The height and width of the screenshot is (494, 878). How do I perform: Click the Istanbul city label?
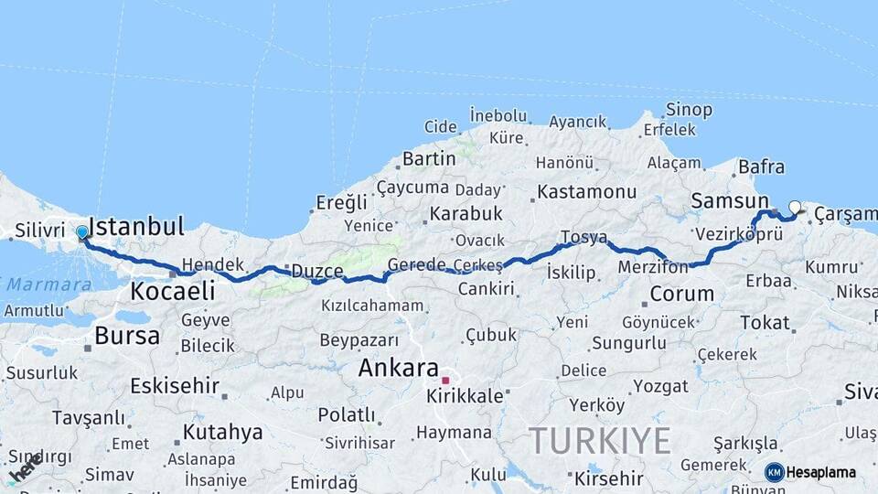click(139, 226)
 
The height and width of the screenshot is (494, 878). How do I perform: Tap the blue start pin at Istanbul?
click(82, 233)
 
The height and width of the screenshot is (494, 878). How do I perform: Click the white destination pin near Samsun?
click(795, 209)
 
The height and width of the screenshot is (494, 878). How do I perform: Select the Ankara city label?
click(398, 368)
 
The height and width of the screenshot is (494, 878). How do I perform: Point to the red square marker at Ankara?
click(445, 380)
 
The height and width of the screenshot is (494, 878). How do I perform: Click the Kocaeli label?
click(173, 292)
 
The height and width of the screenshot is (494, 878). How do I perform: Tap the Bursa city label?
click(127, 336)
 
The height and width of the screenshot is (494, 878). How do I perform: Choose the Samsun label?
click(730, 201)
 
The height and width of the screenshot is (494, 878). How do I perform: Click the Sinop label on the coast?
click(689, 110)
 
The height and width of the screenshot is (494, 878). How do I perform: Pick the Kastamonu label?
click(586, 192)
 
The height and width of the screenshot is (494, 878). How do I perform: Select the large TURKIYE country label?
click(599, 441)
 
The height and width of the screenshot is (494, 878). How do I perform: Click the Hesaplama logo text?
click(821, 472)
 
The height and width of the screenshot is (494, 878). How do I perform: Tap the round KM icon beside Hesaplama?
click(775, 472)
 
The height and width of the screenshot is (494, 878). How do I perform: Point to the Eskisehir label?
click(175, 385)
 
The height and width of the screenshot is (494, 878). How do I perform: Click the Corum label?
click(681, 295)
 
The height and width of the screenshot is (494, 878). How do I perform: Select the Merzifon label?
click(652, 267)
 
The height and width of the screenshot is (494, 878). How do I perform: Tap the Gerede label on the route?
click(416, 264)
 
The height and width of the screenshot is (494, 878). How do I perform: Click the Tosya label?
click(584, 237)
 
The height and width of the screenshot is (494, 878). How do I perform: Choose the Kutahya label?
click(222, 432)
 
